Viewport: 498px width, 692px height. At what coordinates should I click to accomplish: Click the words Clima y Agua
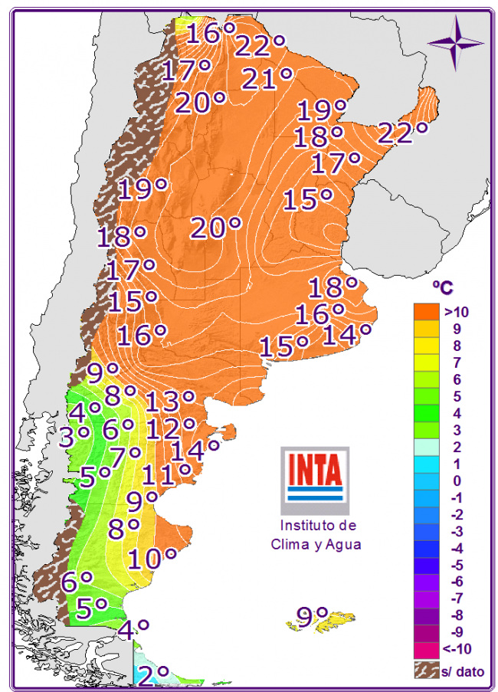click(315, 544)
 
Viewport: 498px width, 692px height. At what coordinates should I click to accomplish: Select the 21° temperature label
click(267, 78)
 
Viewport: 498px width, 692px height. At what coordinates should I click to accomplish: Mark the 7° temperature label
click(125, 458)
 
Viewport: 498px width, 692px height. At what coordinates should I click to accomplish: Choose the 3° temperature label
click(76, 437)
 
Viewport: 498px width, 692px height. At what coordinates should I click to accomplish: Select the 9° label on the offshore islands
click(313, 616)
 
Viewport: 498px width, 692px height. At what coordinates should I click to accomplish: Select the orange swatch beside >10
click(426, 312)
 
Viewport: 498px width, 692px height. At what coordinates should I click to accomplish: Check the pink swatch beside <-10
click(426, 649)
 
